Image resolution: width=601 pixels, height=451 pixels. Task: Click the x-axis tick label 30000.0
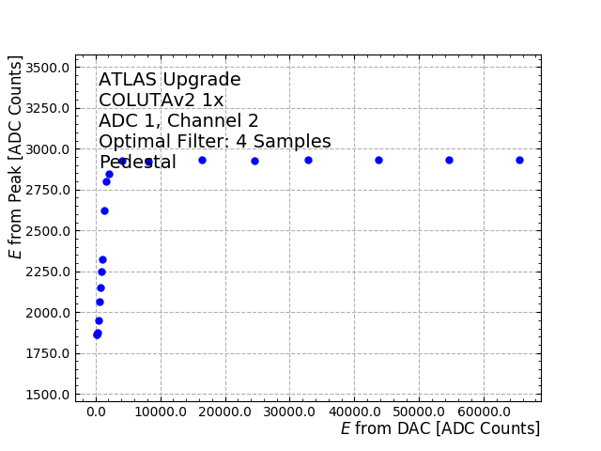point(289,412)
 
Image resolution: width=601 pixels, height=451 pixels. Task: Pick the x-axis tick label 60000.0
point(484,412)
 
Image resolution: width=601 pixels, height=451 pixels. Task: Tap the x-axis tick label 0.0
point(96,412)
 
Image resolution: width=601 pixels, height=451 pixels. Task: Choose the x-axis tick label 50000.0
point(419,412)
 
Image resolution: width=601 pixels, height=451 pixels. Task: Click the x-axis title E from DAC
point(439,429)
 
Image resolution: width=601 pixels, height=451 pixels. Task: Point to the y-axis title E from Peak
point(16,157)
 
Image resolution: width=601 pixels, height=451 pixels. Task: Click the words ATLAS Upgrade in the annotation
point(170,80)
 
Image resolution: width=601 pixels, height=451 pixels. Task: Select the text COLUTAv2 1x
point(162,101)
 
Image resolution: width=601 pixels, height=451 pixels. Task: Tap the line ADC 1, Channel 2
point(178,121)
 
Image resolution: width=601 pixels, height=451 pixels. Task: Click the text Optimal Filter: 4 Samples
point(215,142)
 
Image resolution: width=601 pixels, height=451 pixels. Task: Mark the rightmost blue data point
point(519,160)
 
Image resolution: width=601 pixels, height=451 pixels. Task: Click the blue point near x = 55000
point(449,160)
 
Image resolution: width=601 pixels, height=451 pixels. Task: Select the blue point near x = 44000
point(378,160)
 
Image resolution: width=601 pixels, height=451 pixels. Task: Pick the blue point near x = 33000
point(308,160)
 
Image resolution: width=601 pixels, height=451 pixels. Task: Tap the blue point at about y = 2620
point(104,210)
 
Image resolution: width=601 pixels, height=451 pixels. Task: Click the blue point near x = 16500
point(202,160)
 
